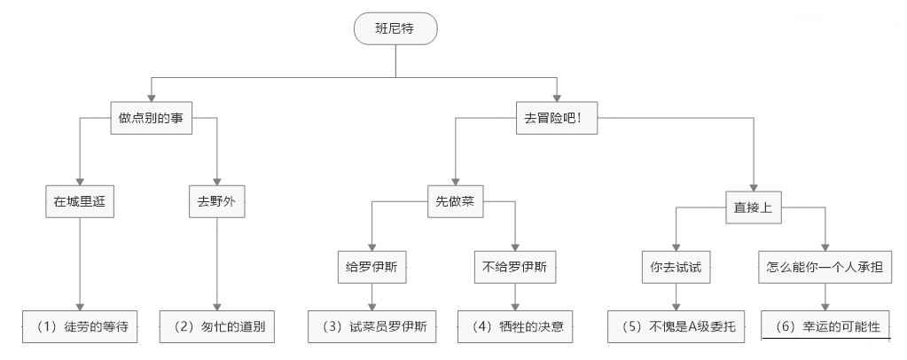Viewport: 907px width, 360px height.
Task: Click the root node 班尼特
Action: pos(395,29)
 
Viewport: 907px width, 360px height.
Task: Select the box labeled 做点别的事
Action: pos(151,118)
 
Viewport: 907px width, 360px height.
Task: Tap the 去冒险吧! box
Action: pos(556,118)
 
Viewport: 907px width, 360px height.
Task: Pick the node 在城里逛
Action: pos(81,202)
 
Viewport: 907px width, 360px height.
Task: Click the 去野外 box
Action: pos(216,202)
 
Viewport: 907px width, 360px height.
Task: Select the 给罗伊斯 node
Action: pos(371,267)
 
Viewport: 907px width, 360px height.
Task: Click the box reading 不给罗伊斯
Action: pos(515,267)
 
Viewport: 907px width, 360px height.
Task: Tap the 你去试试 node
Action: pos(676,267)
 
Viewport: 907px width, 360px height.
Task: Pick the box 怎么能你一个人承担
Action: pos(825,267)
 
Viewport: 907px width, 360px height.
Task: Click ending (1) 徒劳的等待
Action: pos(81,326)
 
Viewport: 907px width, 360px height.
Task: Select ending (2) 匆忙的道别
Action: pos(216,326)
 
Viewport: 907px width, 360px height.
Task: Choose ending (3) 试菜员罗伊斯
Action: pos(371,326)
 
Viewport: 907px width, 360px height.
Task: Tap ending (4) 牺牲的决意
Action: pos(515,326)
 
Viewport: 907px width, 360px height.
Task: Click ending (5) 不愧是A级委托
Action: pos(676,326)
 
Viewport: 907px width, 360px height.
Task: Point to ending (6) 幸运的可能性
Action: pos(825,326)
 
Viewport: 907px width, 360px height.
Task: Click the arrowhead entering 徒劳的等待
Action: pos(81,306)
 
